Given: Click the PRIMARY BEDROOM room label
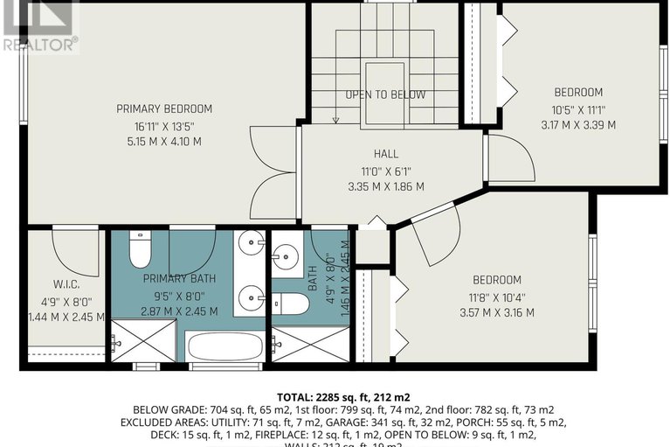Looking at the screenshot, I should coord(164,108).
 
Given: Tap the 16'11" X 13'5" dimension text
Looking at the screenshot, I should coord(164,125).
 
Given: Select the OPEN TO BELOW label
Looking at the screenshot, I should coord(385,94).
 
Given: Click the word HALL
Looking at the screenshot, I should coord(385,154).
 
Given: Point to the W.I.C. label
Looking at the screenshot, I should coord(66,283).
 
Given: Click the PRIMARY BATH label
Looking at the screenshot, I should coord(179,278).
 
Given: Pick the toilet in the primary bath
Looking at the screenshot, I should coord(140,250).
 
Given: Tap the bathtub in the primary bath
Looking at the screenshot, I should coord(224,347).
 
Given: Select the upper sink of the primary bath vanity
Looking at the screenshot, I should coord(252,244).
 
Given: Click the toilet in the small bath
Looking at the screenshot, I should coord(293,304).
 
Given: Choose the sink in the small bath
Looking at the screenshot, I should coord(285,255).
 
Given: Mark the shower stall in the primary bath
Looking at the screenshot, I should coord(143,341).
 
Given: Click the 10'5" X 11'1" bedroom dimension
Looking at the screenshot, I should coord(577,109).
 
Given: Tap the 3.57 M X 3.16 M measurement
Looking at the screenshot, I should coord(496,312).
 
